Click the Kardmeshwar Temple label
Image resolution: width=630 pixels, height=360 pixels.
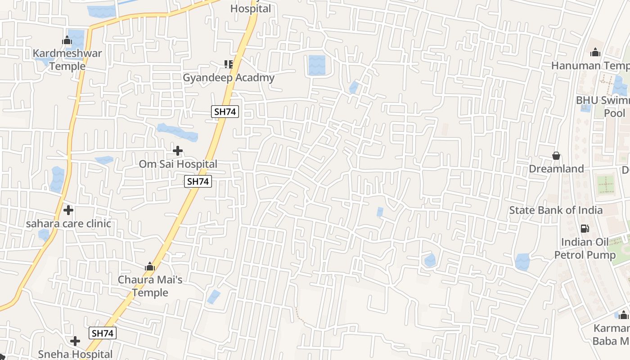pos(67,59)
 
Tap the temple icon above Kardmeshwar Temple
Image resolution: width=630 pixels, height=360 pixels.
pos(67,40)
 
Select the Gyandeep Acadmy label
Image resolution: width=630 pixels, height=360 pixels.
pos(228,77)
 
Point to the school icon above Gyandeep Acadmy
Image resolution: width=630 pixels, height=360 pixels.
pos(229,65)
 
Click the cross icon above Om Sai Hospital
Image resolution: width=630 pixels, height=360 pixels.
pos(178,151)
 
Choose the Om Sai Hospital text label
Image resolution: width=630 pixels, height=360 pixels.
pos(178,164)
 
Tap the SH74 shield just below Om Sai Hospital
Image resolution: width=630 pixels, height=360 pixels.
pos(198,182)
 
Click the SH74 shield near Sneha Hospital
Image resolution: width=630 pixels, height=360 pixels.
pos(103,333)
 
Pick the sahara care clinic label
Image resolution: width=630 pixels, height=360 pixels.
pos(68,224)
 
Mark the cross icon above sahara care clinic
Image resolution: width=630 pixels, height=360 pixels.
pos(68,210)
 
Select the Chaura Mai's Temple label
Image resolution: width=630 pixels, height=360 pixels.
pos(150,286)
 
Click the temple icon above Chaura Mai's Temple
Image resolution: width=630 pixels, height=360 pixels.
pos(150,267)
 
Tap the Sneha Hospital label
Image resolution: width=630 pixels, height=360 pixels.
pos(75,354)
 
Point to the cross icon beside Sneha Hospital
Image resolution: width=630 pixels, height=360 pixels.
pos(75,341)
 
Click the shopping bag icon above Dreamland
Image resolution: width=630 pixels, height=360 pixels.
pos(556,156)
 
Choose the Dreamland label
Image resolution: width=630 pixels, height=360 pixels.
pos(556,169)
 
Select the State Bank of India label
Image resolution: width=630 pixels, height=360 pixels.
pos(556,210)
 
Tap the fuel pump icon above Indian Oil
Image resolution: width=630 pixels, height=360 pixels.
pos(585,229)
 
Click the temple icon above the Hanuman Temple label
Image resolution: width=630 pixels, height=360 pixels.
pos(595,53)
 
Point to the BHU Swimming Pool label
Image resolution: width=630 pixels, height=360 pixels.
pos(603,107)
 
